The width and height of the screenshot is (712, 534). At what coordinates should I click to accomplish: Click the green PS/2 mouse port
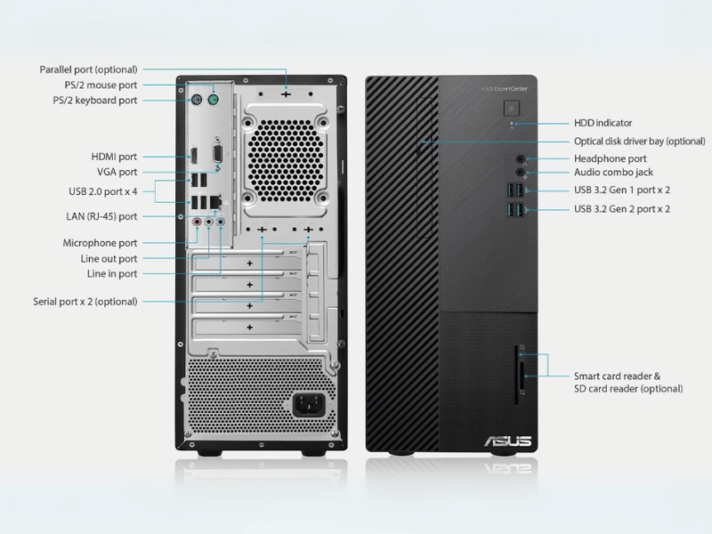click(x=213, y=100)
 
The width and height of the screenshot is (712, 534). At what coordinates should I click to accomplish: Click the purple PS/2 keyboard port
click(x=196, y=101)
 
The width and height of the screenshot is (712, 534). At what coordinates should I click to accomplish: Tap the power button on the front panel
click(x=512, y=109)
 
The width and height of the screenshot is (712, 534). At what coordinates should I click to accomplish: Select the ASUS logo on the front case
click(x=507, y=441)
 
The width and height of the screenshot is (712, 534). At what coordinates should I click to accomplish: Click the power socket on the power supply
click(x=309, y=405)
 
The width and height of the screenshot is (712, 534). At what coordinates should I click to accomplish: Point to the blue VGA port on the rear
click(x=218, y=153)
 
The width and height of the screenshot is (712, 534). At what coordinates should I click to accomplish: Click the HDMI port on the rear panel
click(x=194, y=157)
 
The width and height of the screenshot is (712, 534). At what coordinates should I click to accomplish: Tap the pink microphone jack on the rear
click(x=197, y=222)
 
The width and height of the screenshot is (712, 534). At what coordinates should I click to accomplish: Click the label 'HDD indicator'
click(x=603, y=123)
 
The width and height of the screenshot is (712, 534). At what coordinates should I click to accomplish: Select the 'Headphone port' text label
click(x=611, y=158)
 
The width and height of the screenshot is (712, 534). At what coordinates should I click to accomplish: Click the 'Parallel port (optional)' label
click(x=88, y=69)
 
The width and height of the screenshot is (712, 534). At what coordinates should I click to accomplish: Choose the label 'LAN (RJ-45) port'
click(x=101, y=216)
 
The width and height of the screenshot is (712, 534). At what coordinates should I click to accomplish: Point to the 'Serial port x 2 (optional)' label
click(x=85, y=302)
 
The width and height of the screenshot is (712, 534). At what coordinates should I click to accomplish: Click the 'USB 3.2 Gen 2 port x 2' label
click(x=622, y=209)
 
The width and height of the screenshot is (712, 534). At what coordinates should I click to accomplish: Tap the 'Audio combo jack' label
click(x=613, y=172)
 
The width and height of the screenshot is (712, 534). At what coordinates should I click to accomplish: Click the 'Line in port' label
click(x=112, y=274)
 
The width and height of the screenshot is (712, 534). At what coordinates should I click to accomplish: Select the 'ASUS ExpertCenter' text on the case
click(x=505, y=89)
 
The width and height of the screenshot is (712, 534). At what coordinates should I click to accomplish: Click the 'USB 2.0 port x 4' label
click(x=103, y=191)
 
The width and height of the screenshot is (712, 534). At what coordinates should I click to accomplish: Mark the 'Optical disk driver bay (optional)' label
click(x=639, y=142)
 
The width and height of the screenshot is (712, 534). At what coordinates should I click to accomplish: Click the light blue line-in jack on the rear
click(x=220, y=222)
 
